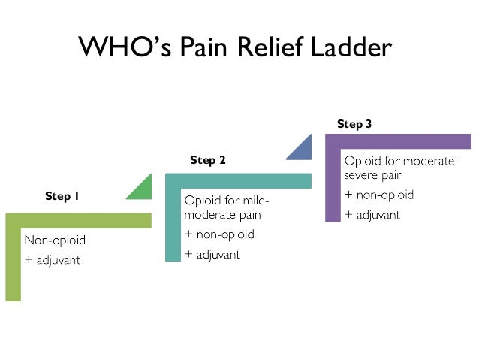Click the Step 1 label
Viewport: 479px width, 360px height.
[62, 196]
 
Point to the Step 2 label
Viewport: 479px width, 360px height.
[208, 159]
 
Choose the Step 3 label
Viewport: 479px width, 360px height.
[354, 124]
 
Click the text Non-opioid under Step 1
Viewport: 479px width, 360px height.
[55, 241]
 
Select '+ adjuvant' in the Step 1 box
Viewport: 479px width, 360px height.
[52, 260]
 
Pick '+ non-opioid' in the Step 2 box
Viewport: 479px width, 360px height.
[219, 234]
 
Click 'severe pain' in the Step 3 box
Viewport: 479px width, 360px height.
[374, 176]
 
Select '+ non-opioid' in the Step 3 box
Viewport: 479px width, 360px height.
[378, 195]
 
